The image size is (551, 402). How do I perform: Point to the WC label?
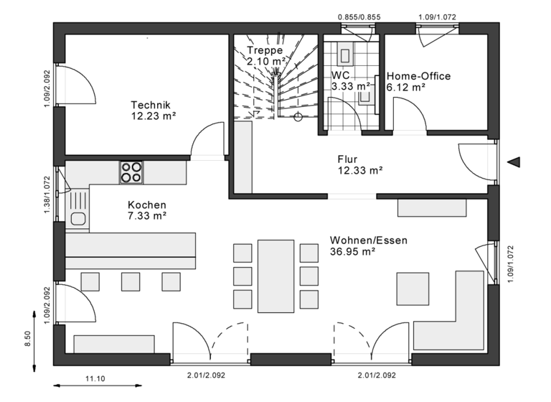pyautogui.click(x=340, y=75)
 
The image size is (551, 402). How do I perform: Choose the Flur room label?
pyautogui.click(x=347, y=159)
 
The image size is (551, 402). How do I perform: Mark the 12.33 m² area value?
pyautogui.click(x=359, y=171)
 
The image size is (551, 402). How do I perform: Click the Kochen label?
pyautogui.click(x=146, y=205)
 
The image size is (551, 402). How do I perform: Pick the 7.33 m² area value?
pyautogui.click(x=147, y=215)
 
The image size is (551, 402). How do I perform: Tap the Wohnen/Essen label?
pyautogui.click(x=368, y=240)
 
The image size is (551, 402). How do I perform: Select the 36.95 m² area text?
pyautogui.click(x=353, y=252)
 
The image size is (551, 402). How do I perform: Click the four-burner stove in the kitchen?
pyautogui.click(x=131, y=171)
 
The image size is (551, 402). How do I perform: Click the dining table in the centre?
pyautogui.click(x=276, y=276)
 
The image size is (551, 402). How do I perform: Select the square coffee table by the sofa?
pyautogui.click(x=413, y=289)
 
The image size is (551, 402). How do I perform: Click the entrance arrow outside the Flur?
pyautogui.click(x=514, y=162)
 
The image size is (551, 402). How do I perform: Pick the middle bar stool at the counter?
pyautogui.click(x=130, y=281)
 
